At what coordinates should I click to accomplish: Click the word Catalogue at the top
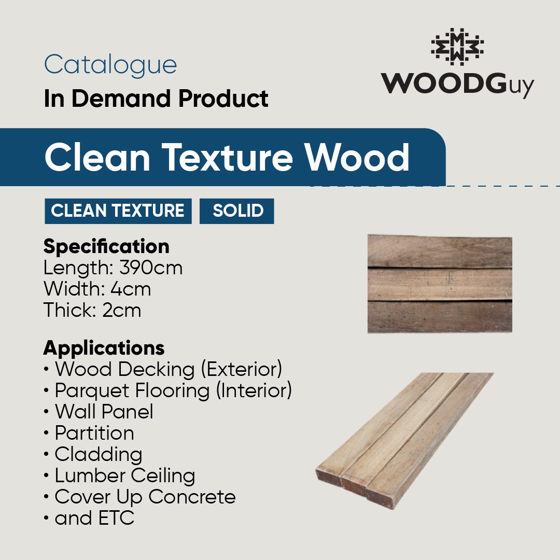(x=110, y=65)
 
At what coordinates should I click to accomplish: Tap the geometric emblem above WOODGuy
(x=457, y=47)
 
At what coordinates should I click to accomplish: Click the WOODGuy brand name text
(x=457, y=85)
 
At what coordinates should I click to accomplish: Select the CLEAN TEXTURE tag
(x=118, y=211)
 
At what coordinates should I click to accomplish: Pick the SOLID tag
(x=237, y=211)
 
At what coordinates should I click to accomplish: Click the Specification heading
(x=106, y=247)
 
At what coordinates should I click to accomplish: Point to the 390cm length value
(x=151, y=268)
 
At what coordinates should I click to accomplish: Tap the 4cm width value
(x=130, y=289)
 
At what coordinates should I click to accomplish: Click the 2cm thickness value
(x=121, y=310)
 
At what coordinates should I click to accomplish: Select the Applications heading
(x=104, y=348)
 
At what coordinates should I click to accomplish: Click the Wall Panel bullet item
(x=104, y=411)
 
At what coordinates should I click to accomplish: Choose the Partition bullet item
(x=94, y=433)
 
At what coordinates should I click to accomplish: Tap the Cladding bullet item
(x=98, y=454)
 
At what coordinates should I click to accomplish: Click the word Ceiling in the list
(x=163, y=475)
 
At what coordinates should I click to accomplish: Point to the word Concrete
(x=192, y=497)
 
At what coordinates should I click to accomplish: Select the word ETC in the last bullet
(x=116, y=518)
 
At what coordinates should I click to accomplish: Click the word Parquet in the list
(x=91, y=391)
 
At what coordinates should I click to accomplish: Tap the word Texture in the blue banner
(x=227, y=157)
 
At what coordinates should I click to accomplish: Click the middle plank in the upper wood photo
(x=440, y=284)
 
